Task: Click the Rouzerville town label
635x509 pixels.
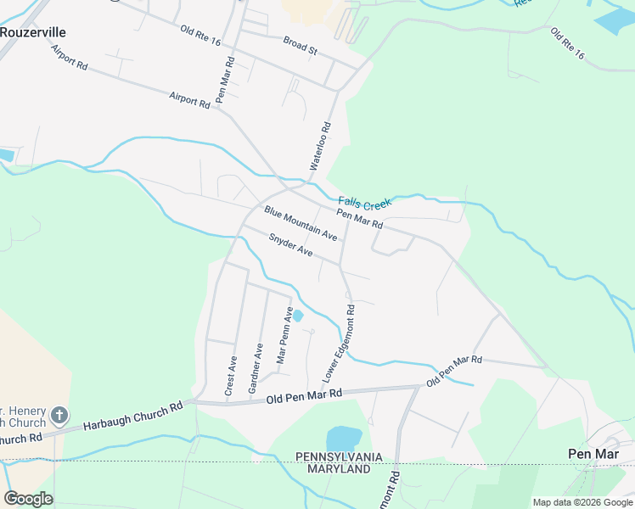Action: pyautogui.click(x=33, y=32)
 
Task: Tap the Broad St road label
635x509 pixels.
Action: pyautogui.click(x=300, y=45)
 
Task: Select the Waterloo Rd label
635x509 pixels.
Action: pyautogui.click(x=319, y=147)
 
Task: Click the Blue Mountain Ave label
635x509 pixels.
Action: pyautogui.click(x=301, y=222)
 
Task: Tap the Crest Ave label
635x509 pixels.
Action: pyautogui.click(x=230, y=375)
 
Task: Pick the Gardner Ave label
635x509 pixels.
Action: pyautogui.click(x=255, y=367)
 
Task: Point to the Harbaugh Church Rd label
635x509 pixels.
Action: pyautogui.click(x=133, y=416)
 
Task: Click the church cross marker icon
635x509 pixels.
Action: pyautogui.click(x=59, y=415)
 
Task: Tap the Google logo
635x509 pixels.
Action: pyautogui.click(x=28, y=499)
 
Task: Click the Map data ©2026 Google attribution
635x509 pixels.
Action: pyautogui.click(x=582, y=502)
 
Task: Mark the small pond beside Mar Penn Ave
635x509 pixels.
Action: pyautogui.click(x=298, y=316)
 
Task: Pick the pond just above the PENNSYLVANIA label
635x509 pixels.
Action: pyautogui.click(x=343, y=438)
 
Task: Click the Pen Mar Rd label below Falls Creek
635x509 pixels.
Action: pyautogui.click(x=360, y=220)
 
